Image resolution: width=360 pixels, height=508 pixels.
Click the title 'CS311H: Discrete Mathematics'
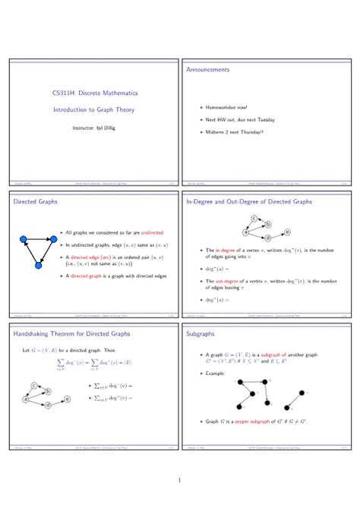[94, 93]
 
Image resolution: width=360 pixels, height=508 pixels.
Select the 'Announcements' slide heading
[207, 70]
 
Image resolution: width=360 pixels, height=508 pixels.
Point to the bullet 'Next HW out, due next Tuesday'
[240, 120]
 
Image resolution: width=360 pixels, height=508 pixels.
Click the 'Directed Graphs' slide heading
[36, 202]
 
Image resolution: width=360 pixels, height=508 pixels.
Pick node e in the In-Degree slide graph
[287, 232]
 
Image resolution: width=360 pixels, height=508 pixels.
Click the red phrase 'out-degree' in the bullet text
[223, 281]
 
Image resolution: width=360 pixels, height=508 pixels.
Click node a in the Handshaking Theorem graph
[26, 398]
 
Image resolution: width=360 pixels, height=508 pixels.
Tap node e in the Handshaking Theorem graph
[68, 399]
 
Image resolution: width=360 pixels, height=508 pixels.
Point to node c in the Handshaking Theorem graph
[35, 386]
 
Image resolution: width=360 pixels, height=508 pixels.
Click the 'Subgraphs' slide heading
[200, 333]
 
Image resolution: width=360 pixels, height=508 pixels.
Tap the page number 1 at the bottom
[179, 480]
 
